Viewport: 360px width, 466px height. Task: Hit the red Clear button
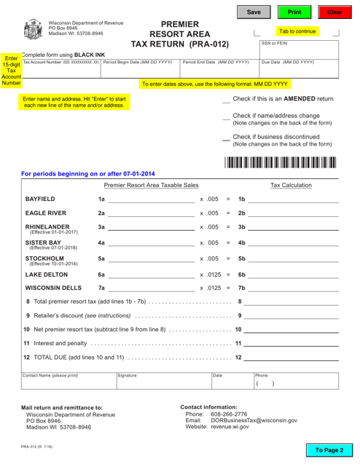click(334, 12)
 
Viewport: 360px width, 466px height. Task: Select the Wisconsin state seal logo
click(34, 30)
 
